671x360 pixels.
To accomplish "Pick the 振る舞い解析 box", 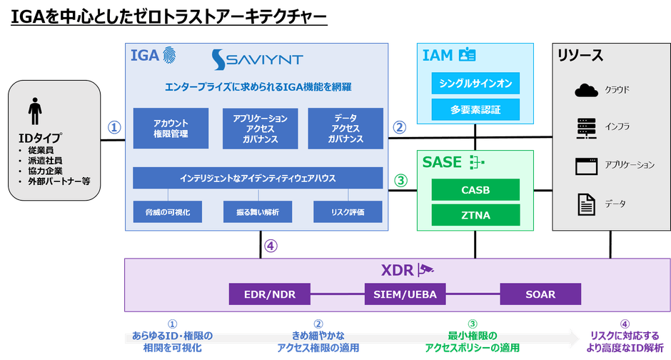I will (258, 212).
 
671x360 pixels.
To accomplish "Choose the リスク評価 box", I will (348, 212).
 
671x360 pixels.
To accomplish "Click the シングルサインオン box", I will (475, 84).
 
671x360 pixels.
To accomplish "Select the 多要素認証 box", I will (475, 110).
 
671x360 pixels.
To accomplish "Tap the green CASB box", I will (475, 190).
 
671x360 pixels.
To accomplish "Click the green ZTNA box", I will (475, 215).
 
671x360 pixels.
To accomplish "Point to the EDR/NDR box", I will (270, 294).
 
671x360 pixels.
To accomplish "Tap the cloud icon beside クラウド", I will (586, 90).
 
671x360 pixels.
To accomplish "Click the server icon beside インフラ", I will (586, 128).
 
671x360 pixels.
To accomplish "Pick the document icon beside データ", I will (586, 204).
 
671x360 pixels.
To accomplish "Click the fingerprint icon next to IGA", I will (170, 56).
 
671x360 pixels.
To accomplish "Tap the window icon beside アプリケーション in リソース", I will (586, 166).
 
